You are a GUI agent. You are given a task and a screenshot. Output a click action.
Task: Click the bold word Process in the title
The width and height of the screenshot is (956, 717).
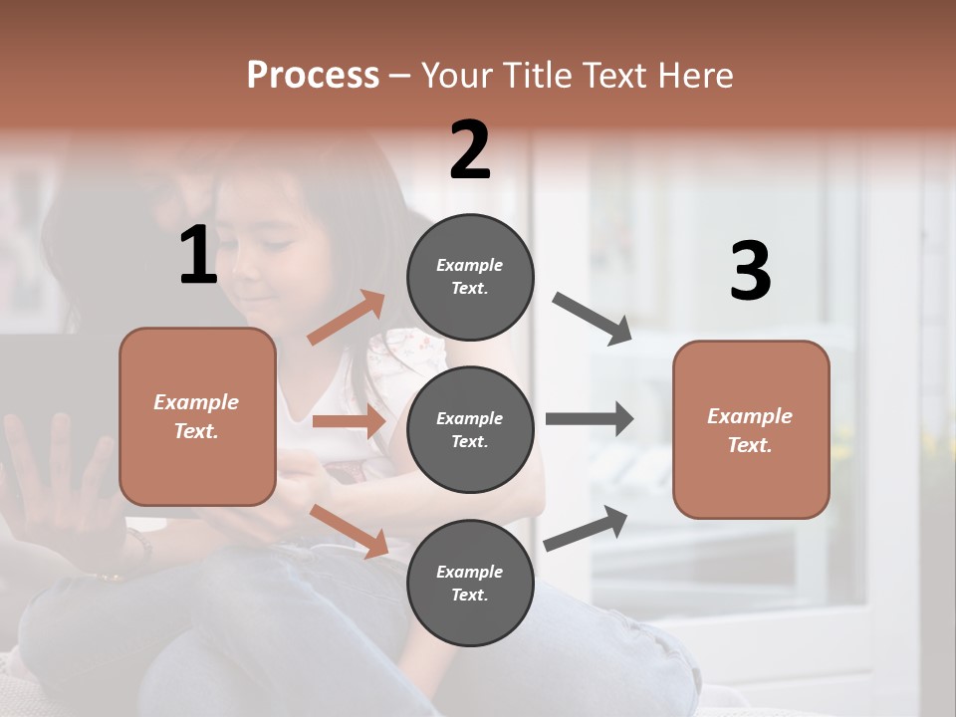[x=313, y=75]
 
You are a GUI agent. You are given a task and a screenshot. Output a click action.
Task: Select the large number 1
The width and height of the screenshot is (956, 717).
[x=198, y=255]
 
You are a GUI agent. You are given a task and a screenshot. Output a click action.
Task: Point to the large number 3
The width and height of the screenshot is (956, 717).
[x=750, y=271]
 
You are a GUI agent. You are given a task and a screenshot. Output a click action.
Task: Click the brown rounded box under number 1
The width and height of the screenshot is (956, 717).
[x=197, y=416]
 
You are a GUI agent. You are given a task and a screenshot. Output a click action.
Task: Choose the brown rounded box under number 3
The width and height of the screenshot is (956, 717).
[x=751, y=429]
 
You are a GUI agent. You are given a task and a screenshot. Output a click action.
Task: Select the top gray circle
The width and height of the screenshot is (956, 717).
[x=470, y=277]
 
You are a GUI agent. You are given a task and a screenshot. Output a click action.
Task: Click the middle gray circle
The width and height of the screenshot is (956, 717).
[x=470, y=429]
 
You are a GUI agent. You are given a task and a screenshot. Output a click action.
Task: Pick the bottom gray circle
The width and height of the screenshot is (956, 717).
[x=470, y=583]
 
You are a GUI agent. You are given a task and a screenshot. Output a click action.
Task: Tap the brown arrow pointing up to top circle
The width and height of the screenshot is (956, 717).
[x=347, y=318]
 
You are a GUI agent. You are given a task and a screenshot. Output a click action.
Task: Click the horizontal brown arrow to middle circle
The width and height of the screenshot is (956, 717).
[x=349, y=421]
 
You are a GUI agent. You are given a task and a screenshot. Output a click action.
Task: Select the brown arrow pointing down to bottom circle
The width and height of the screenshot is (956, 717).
[x=350, y=530]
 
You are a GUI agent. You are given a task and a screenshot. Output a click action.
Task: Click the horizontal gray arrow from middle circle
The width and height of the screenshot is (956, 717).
[x=589, y=418]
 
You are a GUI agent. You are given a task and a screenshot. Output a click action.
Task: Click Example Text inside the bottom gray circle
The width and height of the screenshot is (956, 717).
[x=470, y=583]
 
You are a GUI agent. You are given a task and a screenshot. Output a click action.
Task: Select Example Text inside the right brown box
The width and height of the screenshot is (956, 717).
[x=751, y=429]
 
